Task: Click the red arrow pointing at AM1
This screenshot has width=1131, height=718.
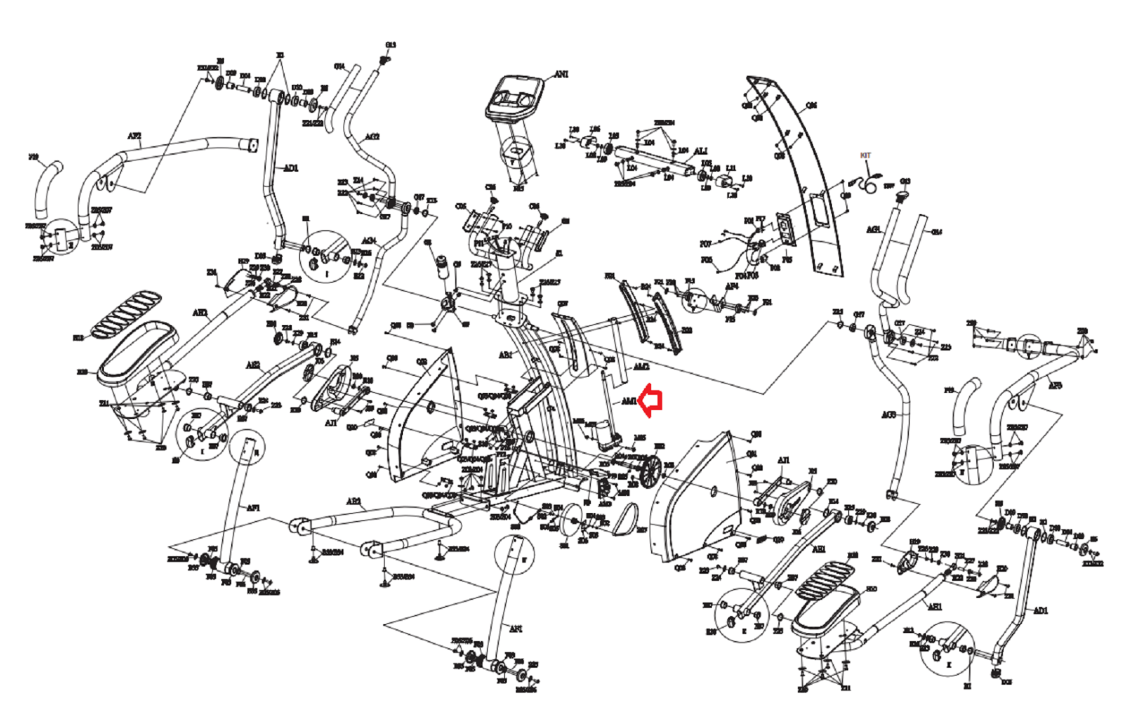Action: [x=651, y=401]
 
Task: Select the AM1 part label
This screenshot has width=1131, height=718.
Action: [x=628, y=401]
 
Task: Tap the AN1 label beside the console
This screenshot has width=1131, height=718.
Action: [x=561, y=74]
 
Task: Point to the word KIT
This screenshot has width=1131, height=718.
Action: [x=866, y=155]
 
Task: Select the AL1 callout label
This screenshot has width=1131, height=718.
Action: [x=701, y=151]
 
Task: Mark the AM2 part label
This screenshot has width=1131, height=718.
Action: [x=640, y=367]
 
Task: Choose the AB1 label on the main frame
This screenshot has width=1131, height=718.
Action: [x=505, y=355]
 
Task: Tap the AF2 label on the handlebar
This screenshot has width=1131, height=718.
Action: [x=134, y=136]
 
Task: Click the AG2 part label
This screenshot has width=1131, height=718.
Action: [x=372, y=136]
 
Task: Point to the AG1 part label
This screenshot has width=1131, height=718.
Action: [x=874, y=230]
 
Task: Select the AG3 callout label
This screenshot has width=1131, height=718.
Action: [x=889, y=415]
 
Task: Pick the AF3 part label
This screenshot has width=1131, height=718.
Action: [x=1055, y=386]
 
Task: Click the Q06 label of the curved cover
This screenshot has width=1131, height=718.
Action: [x=811, y=105]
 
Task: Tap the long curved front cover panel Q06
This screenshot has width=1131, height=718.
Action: [x=806, y=177]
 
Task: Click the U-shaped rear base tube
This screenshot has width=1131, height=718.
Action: [x=382, y=523]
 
